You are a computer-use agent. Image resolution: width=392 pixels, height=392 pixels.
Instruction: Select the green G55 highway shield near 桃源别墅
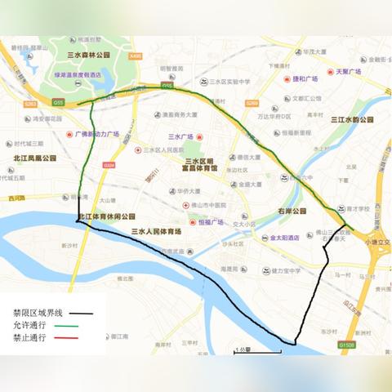pyautogui.click(x=58, y=103)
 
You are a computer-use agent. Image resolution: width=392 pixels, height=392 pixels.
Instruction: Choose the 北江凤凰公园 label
pyautogui.click(x=34, y=158)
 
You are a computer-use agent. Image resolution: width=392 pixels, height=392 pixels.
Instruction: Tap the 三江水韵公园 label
pyautogui.click(x=352, y=120)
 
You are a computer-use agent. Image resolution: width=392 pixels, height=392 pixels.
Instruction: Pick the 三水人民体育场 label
pyautogui.click(x=157, y=232)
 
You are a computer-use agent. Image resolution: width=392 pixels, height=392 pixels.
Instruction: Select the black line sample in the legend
pyautogui.click(x=79, y=313)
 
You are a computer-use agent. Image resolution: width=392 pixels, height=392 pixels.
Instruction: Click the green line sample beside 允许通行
pyautogui.click(x=79, y=325)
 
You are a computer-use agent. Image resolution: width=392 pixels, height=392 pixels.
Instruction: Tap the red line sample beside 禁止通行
pyautogui.click(x=79, y=337)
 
